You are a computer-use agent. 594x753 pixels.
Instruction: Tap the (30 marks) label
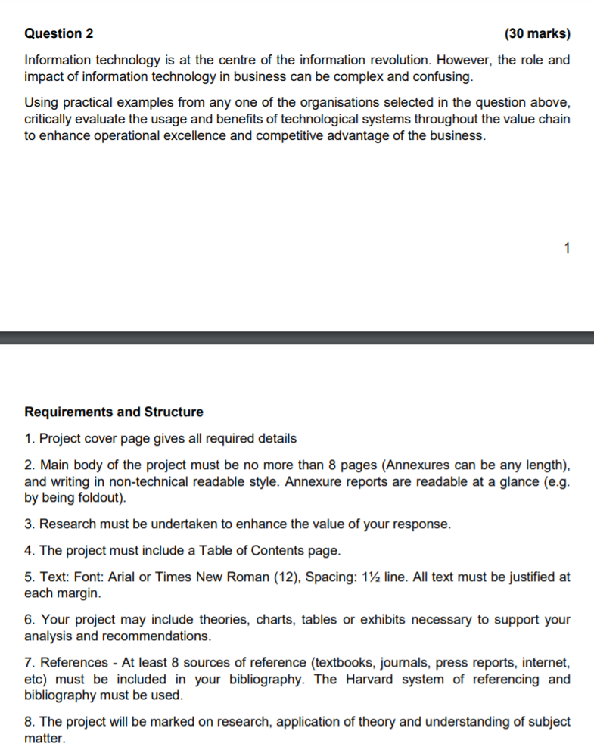(x=536, y=33)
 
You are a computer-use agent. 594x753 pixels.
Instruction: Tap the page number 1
(x=568, y=247)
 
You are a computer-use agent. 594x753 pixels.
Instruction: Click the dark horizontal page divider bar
(x=297, y=338)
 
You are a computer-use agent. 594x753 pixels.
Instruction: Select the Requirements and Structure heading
(x=114, y=412)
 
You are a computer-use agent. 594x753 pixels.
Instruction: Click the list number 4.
(x=29, y=550)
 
